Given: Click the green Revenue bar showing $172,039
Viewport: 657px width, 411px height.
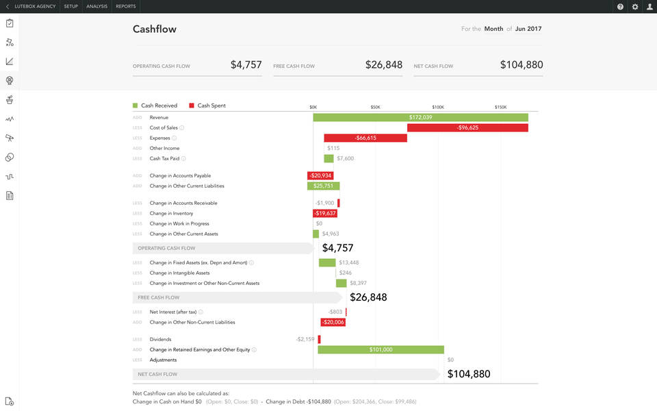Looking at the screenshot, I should click(420, 117).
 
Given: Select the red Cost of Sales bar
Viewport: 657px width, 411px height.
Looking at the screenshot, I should click(467, 127).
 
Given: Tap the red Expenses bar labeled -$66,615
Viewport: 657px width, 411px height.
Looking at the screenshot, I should click(365, 138).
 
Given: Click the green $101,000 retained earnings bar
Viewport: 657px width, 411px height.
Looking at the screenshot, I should click(381, 349).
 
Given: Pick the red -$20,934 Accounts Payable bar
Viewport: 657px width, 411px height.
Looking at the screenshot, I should click(320, 176).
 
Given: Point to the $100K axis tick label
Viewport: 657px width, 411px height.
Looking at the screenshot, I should click(438, 107).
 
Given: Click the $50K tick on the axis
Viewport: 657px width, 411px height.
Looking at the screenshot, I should click(376, 107).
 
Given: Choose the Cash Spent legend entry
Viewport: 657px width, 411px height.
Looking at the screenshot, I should click(211, 105).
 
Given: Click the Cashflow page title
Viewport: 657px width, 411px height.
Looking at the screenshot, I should click(155, 29).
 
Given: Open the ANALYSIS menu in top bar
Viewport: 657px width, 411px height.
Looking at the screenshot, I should click(96, 6).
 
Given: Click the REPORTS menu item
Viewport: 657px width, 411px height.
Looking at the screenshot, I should click(126, 6).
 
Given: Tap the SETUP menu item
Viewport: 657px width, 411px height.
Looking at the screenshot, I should click(70, 6).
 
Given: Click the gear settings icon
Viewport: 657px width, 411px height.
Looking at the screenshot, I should click(635, 6).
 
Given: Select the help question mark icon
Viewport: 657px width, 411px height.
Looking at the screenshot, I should click(620, 6).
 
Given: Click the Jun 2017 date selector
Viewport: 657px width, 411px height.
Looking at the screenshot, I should click(529, 29).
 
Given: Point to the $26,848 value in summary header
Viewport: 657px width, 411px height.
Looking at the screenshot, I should click(384, 64).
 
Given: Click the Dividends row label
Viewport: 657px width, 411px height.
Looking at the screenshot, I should click(160, 339).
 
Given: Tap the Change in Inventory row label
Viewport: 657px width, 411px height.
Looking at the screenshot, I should click(171, 213).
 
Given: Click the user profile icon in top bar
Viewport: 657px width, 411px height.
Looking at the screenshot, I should click(649, 6).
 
